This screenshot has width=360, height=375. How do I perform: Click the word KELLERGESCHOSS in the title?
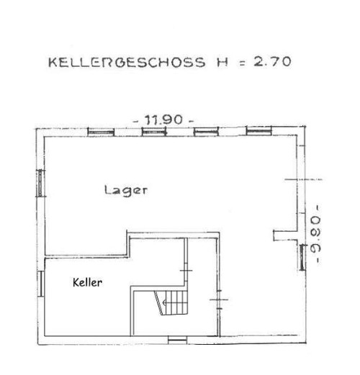tap(124, 62)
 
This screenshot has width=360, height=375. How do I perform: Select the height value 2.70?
tap(269, 62)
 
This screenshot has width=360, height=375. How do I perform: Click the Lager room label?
tap(125, 191)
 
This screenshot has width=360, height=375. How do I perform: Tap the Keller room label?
tap(88, 283)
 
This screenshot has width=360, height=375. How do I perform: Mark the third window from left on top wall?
tap(204, 132)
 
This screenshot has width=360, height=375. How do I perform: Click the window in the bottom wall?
tap(177, 338)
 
